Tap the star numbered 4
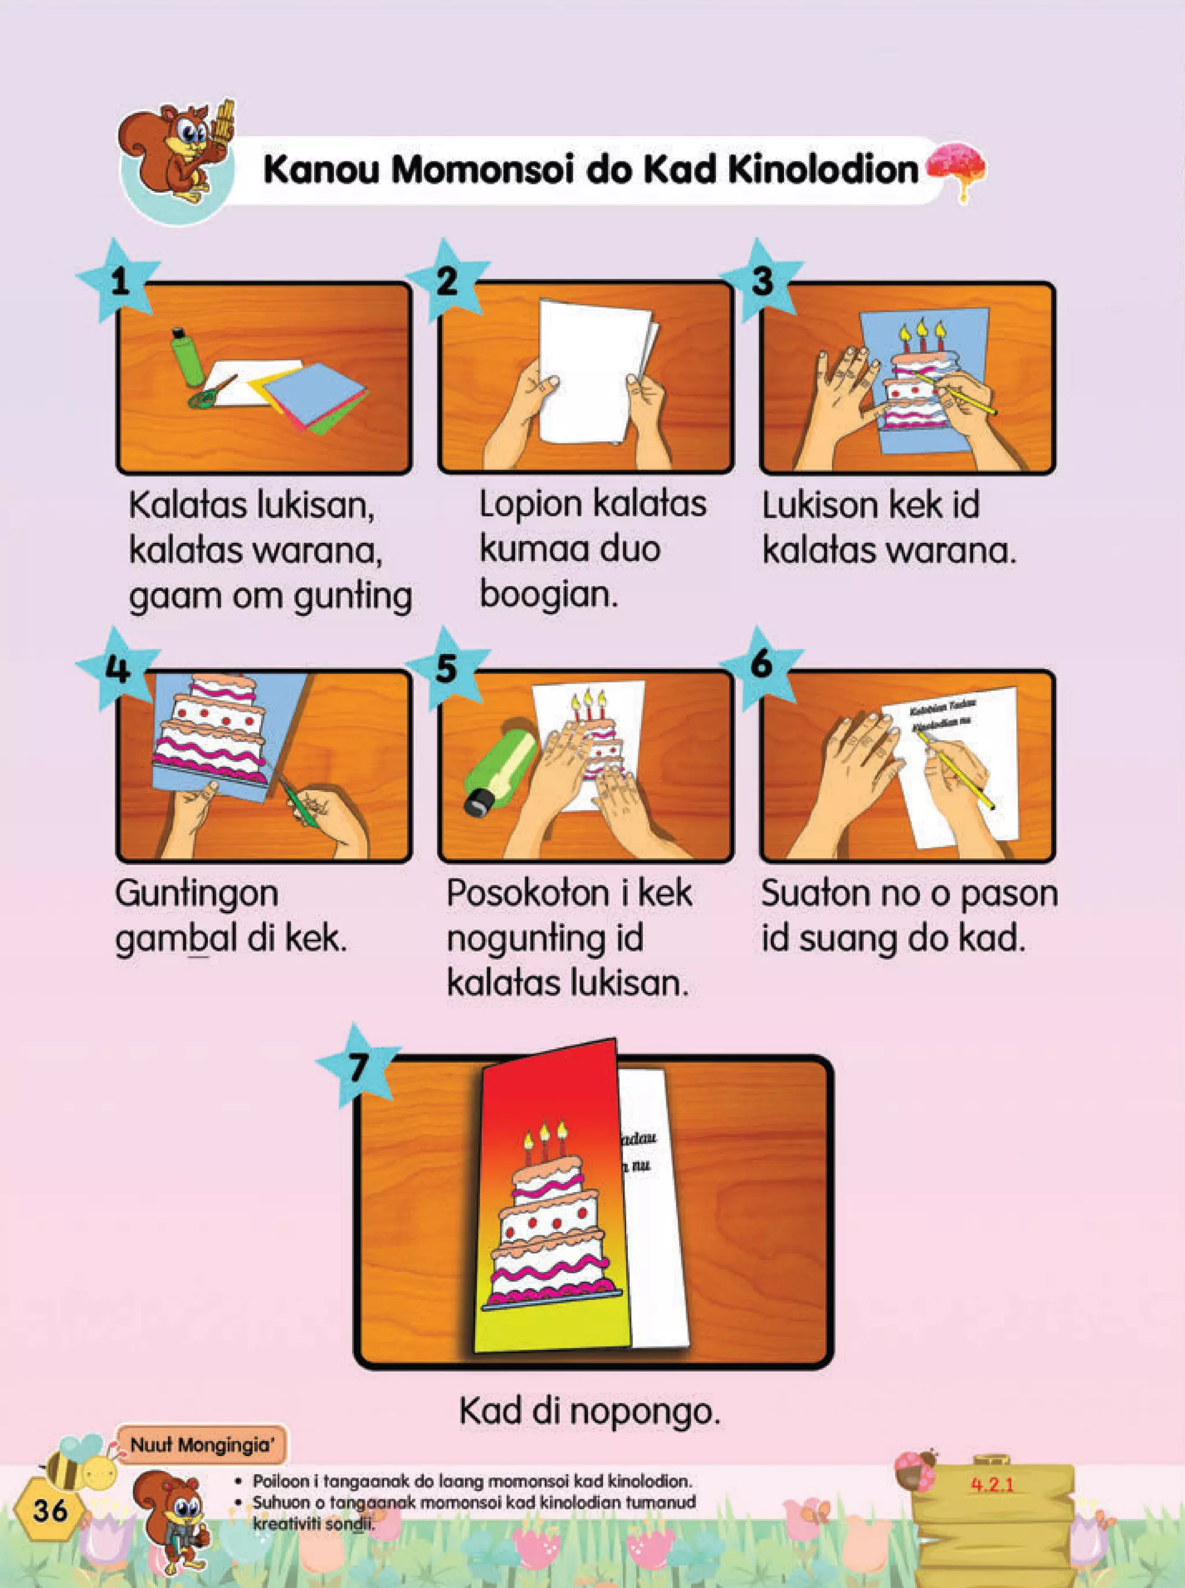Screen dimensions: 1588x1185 pyautogui.click(x=117, y=668)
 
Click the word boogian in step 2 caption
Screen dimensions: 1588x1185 pyautogui.click(x=548, y=594)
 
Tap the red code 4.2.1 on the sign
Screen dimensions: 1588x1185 pyautogui.click(x=993, y=1484)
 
